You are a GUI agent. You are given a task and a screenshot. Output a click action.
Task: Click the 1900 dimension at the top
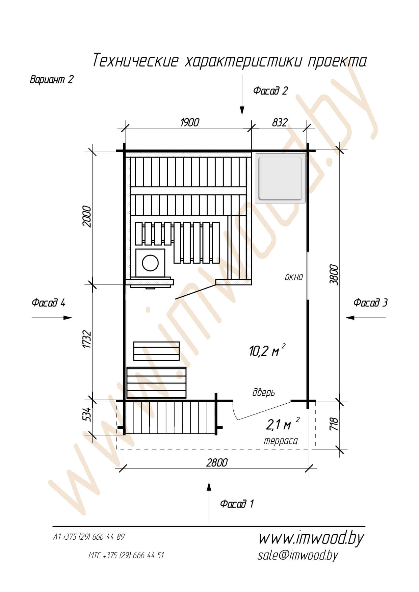point(190,122)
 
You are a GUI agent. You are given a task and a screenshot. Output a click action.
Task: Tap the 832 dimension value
point(280,122)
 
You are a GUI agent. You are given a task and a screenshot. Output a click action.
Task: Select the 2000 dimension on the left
point(87,216)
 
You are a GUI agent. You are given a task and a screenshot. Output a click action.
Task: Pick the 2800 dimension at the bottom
point(217,462)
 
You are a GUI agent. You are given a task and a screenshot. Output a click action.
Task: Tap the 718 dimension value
point(334,424)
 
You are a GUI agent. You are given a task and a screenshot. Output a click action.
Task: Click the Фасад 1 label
point(237,504)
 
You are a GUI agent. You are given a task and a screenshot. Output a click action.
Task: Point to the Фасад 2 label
point(270,90)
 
